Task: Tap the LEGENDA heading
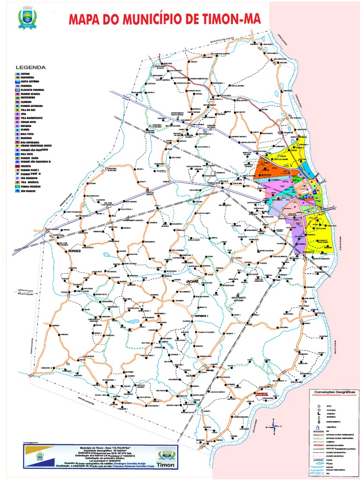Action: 30,67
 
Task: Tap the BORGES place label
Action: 75,251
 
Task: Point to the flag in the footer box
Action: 39,455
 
